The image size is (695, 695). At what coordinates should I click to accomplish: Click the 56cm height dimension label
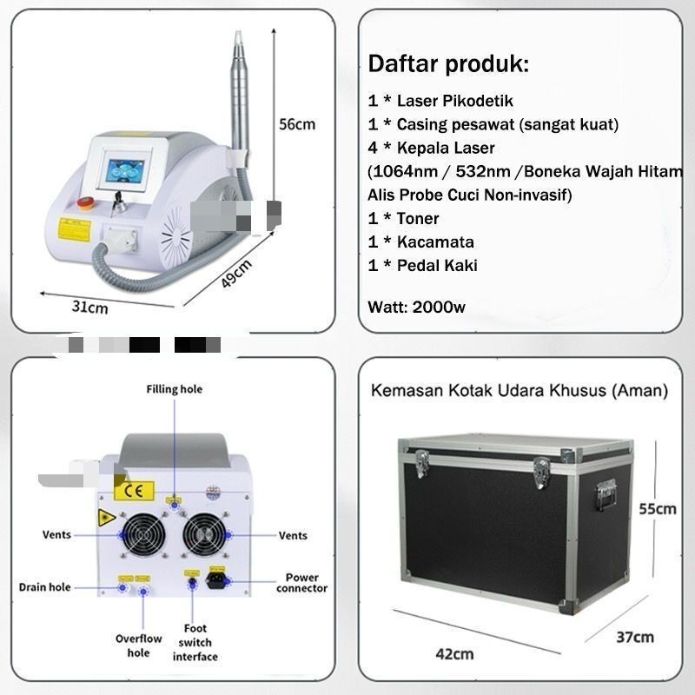point(296,123)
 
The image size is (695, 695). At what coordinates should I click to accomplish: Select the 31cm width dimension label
point(89,307)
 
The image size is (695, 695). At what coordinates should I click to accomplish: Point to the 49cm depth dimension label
point(235,275)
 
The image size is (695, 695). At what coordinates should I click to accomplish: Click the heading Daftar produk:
point(448,63)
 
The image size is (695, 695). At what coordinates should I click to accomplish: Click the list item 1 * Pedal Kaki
point(423,265)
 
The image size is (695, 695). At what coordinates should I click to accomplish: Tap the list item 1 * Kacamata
point(421,242)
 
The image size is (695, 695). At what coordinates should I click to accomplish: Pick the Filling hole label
point(174,389)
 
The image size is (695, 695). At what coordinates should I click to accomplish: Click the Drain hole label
point(44,587)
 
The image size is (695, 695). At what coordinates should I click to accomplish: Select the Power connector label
point(301,582)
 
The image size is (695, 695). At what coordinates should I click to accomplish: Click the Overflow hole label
point(138,645)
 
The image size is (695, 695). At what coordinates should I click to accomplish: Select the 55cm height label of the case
point(658,508)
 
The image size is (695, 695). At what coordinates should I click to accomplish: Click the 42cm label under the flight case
point(454,652)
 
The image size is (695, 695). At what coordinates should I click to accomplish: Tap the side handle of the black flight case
point(605,496)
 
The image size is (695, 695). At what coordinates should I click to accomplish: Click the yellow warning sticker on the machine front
point(74,229)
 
